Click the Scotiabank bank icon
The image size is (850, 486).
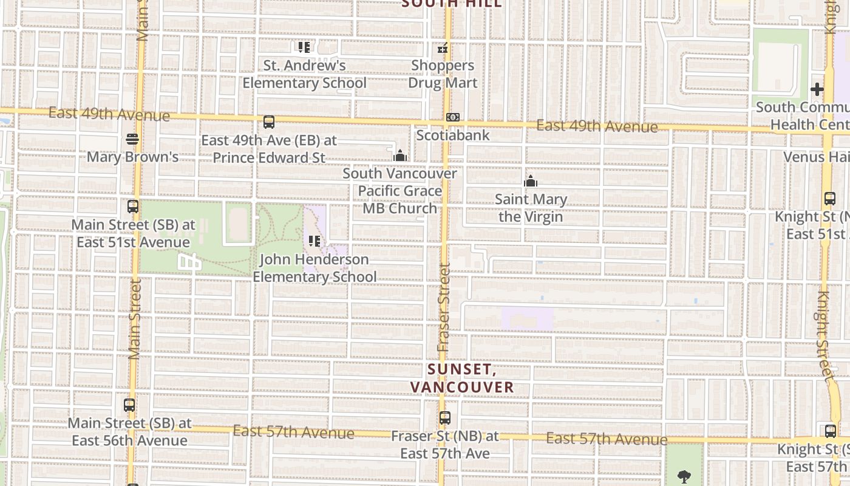click(452, 117)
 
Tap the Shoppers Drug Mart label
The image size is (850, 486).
click(443, 74)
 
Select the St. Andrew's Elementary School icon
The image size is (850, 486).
click(304, 47)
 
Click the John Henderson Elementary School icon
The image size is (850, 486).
click(314, 241)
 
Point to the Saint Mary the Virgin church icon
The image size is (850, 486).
click(531, 181)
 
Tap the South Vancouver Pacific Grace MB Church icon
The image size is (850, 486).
click(399, 156)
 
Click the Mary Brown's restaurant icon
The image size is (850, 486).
click(132, 139)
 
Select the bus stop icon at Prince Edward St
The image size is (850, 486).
click(269, 122)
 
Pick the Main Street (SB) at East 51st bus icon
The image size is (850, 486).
click(133, 207)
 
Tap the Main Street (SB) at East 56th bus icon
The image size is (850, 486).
click(129, 405)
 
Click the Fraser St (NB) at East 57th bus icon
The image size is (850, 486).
click(445, 418)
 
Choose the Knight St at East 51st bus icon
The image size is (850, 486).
click(830, 199)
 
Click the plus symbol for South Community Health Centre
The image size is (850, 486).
click(817, 89)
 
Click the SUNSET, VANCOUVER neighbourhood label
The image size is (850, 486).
click(461, 378)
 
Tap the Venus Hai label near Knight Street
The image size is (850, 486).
click(816, 157)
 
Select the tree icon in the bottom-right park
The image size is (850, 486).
click(684, 476)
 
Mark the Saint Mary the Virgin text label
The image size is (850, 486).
click(531, 208)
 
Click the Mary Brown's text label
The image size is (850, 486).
click(132, 157)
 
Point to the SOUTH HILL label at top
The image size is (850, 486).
click(452, 4)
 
